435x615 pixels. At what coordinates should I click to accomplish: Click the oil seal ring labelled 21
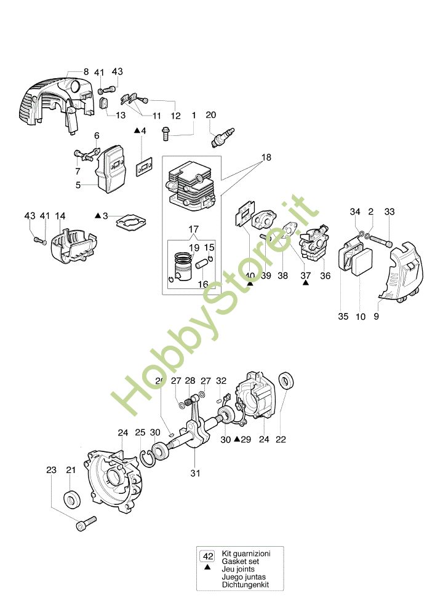71,499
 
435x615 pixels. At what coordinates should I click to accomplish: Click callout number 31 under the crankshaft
195,473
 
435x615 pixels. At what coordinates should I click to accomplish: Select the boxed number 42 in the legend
208,556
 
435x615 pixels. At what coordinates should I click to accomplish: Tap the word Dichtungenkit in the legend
244,585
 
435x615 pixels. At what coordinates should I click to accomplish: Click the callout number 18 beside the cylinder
265,157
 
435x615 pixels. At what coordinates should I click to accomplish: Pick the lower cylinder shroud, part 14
74,246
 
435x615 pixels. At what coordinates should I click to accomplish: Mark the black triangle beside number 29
237,440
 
